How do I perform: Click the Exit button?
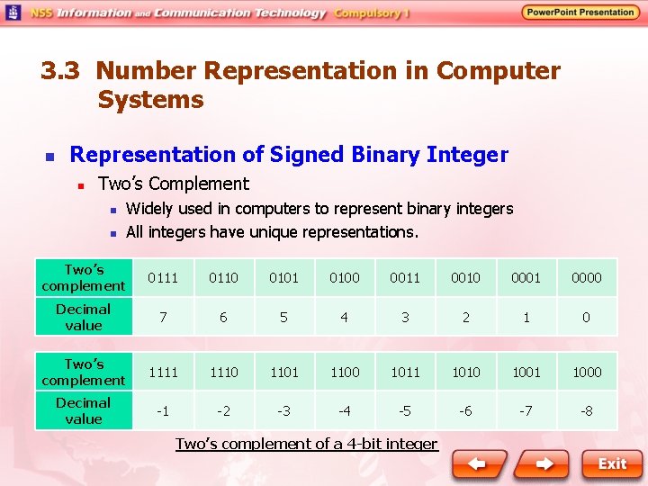pyautogui.click(x=612, y=464)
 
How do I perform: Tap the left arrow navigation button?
pyautogui.click(x=478, y=464)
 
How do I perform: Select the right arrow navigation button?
pyautogui.click(x=544, y=464)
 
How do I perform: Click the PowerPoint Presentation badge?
pyautogui.click(x=580, y=13)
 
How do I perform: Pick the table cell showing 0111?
pyautogui.click(x=163, y=278)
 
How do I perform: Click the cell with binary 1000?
pyautogui.click(x=587, y=372)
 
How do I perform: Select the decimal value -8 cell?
pyautogui.click(x=587, y=411)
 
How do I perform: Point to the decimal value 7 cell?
pyautogui.click(x=163, y=317)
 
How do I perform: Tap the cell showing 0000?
pyautogui.click(x=587, y=278)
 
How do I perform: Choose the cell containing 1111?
pyautogui.click(x=163, y=372)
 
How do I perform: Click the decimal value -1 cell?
pyautogui.click(x=163, y=411)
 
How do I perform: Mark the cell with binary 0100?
pyautogui.click(x=345, y=278)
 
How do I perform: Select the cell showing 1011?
pyautogui.click(x=405, y=372)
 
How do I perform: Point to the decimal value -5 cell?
pyautogui.click(x=405, y=411)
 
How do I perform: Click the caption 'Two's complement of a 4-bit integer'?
pyautogui.click(x=306, y=444)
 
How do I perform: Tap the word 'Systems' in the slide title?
pyautogui.click(x=150, y=100)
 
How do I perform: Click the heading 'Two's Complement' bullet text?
pyautogui.click(x=173, y=184)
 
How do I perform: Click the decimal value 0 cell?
pyautogui.click(x=587, y=317)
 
